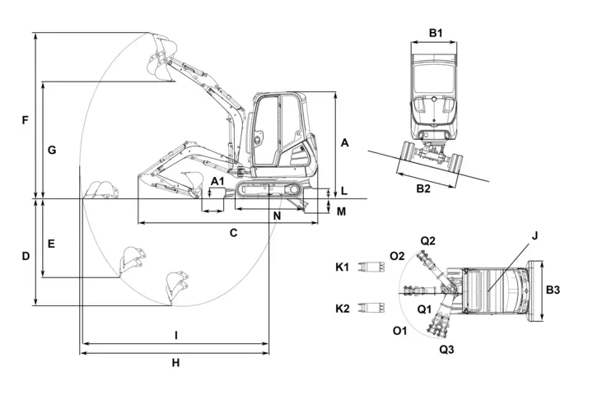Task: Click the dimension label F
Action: point(25,121)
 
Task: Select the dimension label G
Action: point(51,151)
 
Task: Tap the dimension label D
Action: point(26,256)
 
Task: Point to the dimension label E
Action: point(51,244)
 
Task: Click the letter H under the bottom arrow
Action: point(175,363)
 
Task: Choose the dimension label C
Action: point(233,233)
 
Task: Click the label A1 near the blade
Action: point(217,180)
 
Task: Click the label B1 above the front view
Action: point(437,34)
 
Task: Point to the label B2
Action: point(423,188)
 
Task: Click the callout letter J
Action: point(535,235)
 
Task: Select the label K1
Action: point(343,267)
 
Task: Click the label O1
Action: point(400,331)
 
